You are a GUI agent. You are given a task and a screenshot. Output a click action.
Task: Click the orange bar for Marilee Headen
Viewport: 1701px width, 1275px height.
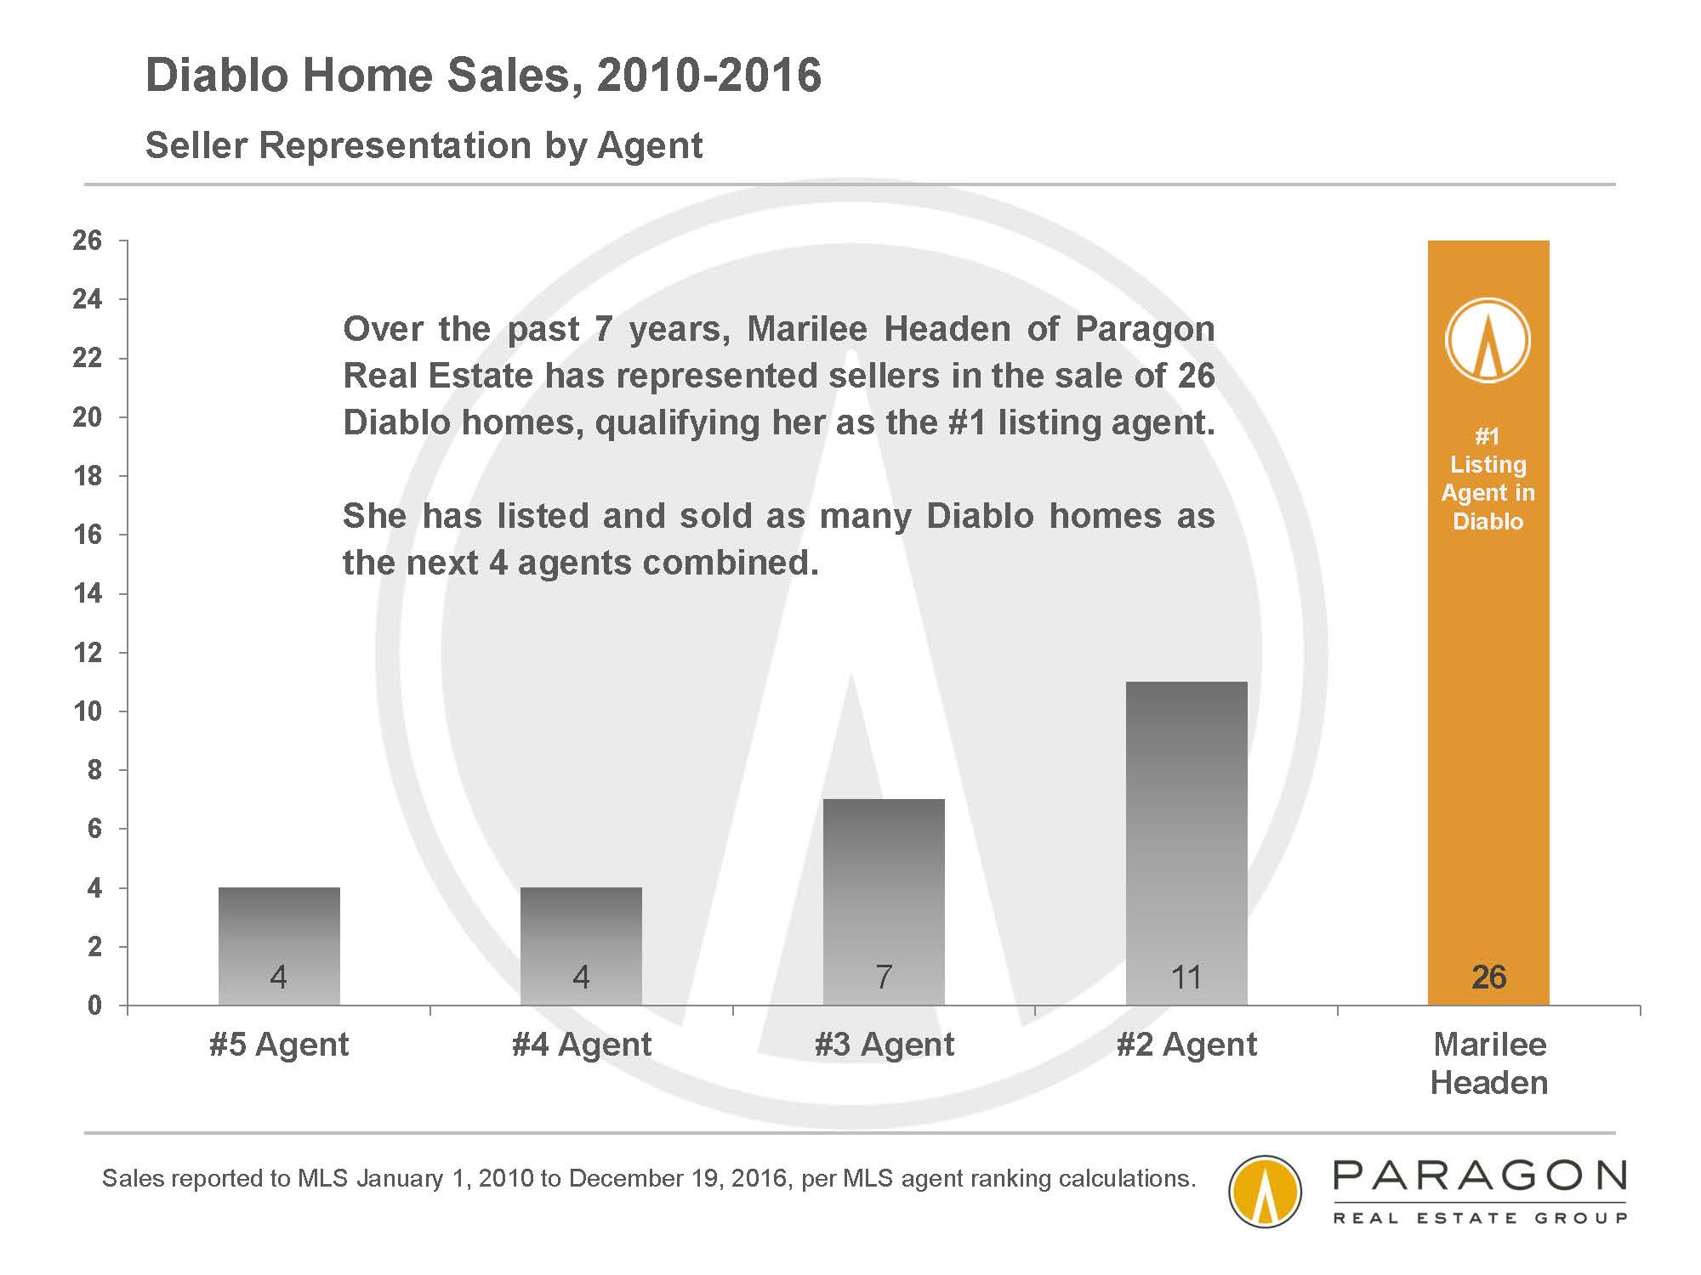[1488, 623]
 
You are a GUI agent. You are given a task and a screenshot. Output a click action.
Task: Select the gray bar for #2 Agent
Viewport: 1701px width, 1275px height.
[1186, 843]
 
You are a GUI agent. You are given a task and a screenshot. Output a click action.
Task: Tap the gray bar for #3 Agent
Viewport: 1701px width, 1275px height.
[884, 902]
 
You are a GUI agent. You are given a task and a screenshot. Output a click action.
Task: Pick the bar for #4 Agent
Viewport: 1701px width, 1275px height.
[581, 946]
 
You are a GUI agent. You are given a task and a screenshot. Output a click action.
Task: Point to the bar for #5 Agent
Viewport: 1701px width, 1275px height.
[279, 946]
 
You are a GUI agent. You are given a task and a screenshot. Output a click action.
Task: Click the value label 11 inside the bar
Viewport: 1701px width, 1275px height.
[1186, 977]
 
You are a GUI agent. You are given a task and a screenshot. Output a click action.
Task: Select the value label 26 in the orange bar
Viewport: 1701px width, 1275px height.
[1488, 977]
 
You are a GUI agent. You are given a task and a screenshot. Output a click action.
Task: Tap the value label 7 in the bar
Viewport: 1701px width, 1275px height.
[884, 977]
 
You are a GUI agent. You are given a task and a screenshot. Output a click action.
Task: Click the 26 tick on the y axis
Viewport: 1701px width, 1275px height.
[88, 241]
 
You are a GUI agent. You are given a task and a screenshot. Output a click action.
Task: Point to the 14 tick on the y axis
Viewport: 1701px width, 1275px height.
[88, 593]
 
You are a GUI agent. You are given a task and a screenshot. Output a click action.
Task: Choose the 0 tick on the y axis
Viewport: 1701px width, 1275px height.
[94, 1006]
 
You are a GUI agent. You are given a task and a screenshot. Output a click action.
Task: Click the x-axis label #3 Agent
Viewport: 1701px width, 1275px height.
[885, 1045]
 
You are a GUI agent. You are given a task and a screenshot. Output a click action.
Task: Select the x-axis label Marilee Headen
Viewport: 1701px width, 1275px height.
[1489, 1063]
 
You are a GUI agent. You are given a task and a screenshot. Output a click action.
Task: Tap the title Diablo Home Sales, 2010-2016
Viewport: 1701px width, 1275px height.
[484, 75]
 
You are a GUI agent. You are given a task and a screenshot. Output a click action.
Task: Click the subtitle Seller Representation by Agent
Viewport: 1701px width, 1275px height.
[424, 145]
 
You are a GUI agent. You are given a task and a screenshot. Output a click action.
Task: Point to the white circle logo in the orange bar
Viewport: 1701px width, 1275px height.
[1488, 339]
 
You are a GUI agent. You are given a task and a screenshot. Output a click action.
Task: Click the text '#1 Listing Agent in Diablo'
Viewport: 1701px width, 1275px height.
[1488, 479]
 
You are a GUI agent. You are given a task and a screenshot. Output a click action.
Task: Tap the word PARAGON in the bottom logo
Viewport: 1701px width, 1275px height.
[1479, 1176]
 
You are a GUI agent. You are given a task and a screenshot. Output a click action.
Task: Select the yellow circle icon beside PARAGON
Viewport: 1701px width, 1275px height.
[1266, 1191]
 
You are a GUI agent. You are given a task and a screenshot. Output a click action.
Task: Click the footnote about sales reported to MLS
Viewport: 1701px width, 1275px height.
[649, 1178]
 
